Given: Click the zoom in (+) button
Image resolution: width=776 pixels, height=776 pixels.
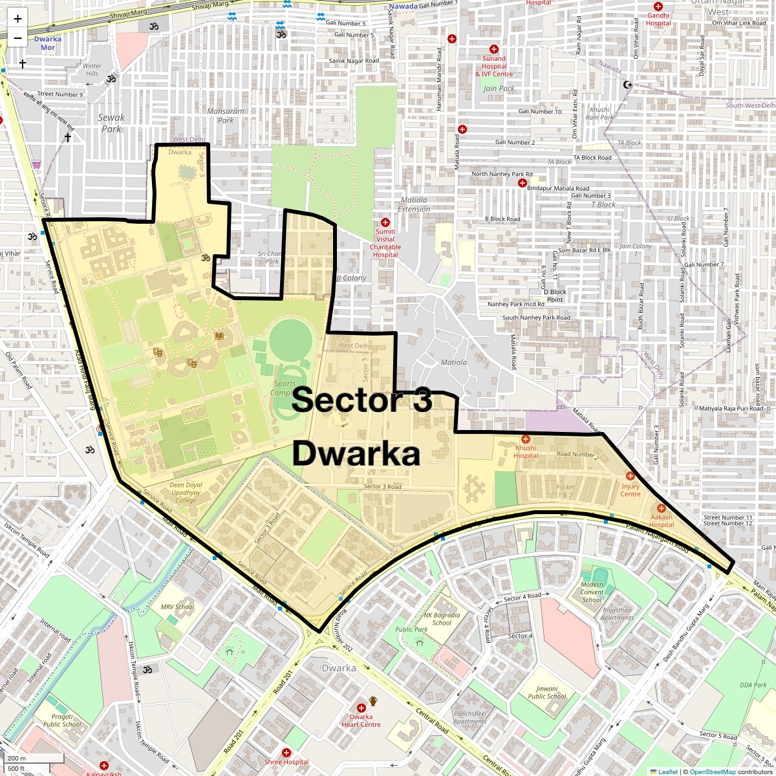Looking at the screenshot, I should coord(17,19).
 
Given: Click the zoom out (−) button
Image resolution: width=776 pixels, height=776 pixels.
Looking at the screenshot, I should coord(17,38).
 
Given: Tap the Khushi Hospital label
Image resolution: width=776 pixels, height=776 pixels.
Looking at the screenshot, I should coord(526,451).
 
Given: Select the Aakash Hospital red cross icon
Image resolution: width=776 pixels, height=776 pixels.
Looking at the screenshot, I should coord(661,509).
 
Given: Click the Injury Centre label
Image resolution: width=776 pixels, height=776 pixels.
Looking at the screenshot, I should coord(630,490).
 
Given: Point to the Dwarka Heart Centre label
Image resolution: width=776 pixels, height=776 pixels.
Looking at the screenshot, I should coord(361,720).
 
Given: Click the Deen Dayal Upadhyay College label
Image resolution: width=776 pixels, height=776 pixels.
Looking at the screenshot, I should coord(186,492).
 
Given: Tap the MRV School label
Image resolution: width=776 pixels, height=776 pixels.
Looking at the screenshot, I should coord(177,607).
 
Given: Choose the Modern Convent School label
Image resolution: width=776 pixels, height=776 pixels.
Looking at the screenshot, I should coord(592,592).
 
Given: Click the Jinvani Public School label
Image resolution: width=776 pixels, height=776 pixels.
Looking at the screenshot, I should coord(547,693).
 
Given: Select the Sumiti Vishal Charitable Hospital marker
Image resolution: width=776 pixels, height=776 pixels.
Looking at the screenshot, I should coord(385,222).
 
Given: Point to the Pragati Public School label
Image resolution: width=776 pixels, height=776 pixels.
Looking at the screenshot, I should coord(62,720).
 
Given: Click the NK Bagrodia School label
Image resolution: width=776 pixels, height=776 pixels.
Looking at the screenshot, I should coord(442,619).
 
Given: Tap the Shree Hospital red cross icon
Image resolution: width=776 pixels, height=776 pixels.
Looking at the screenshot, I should coord(286,753).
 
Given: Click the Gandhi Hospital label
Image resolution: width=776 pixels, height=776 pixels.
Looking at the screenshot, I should coord(658,19).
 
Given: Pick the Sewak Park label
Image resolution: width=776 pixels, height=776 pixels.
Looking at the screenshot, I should coord(112,123).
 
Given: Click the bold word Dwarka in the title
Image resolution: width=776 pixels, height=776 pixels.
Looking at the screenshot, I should coord(356,453).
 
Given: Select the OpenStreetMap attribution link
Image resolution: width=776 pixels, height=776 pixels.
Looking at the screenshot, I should coord(713,771).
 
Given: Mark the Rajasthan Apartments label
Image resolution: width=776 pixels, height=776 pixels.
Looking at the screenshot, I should coord(617,614).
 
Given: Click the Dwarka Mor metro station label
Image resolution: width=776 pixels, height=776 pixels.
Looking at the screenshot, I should coord(48,43).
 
